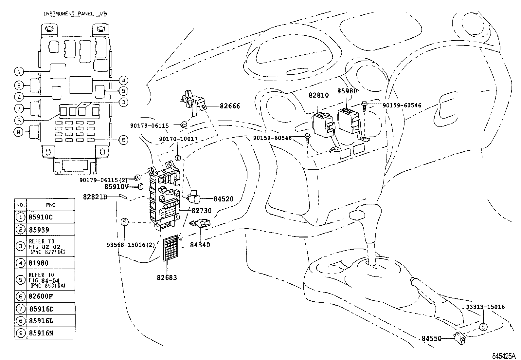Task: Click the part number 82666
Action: pyautogui.click(x=230, y=106)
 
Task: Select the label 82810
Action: pyautogui.click(x=319, y=95)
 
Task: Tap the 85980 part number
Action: pyautogui.click(x=347, y=91)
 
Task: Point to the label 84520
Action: pyautogui.click(x=224, y=199)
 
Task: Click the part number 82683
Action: pyautogui.click(x=167, y=278)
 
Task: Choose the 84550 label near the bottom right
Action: pyautogui.click(x=432, y=338)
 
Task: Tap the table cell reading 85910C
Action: pyautogui.click(x=41, y=217)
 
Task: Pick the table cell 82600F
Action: pyautogui.click(x=41, y=296)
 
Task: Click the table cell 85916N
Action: pyautogui.click(x=41, y=333)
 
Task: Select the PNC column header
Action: pyautogui.click(x=50, y=205)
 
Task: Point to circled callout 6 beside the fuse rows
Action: pyautogui.click(x=123, y=140)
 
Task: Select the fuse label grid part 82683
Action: pyautogui.click(x=171, y=248)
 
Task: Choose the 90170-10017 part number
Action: pyautogui.click(x=178, y=139)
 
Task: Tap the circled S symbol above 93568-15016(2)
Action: pyautogui.click(x=124, y=222)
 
